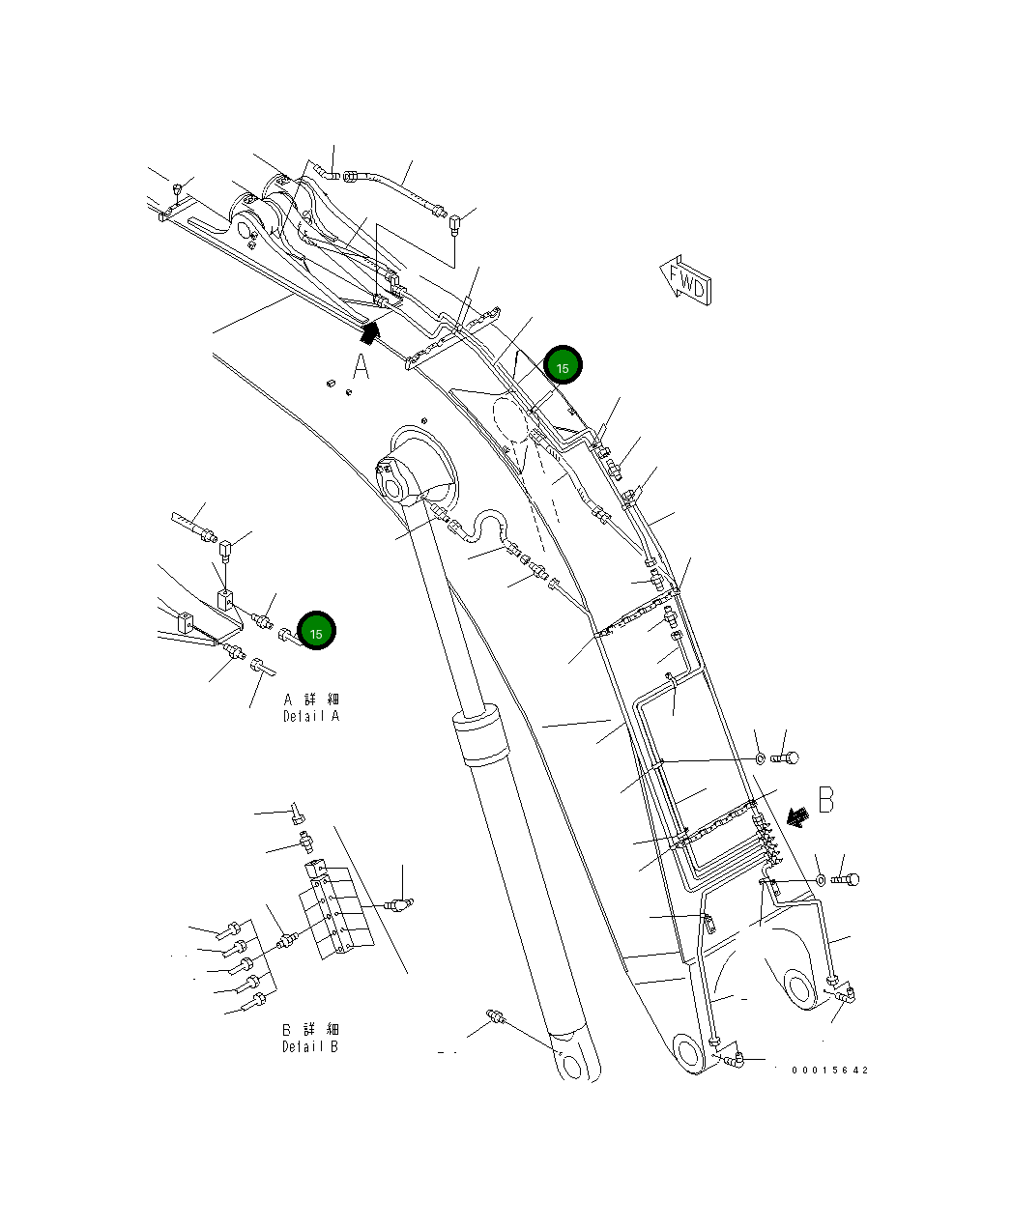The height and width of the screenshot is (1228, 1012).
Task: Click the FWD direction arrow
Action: coord(686,281)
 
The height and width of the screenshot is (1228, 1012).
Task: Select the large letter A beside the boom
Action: coord(360,368)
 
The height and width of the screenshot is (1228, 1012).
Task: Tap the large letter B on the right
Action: coord(825,800)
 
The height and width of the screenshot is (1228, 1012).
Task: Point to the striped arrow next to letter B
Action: coord(797,817)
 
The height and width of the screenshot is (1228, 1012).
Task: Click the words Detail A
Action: coord(311,716)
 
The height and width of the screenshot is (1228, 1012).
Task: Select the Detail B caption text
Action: coord(310,1046)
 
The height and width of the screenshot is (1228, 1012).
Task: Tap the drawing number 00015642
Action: coord(829,1070)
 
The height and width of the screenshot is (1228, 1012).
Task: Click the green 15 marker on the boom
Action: coord(563,365)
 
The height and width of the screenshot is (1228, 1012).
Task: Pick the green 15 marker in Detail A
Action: coord(316,631)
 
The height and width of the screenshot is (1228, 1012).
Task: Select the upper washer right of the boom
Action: coord(760,758)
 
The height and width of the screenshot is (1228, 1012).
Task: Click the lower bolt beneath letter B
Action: coord(845,879)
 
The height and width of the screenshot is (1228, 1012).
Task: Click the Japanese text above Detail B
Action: coord(310,1029)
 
